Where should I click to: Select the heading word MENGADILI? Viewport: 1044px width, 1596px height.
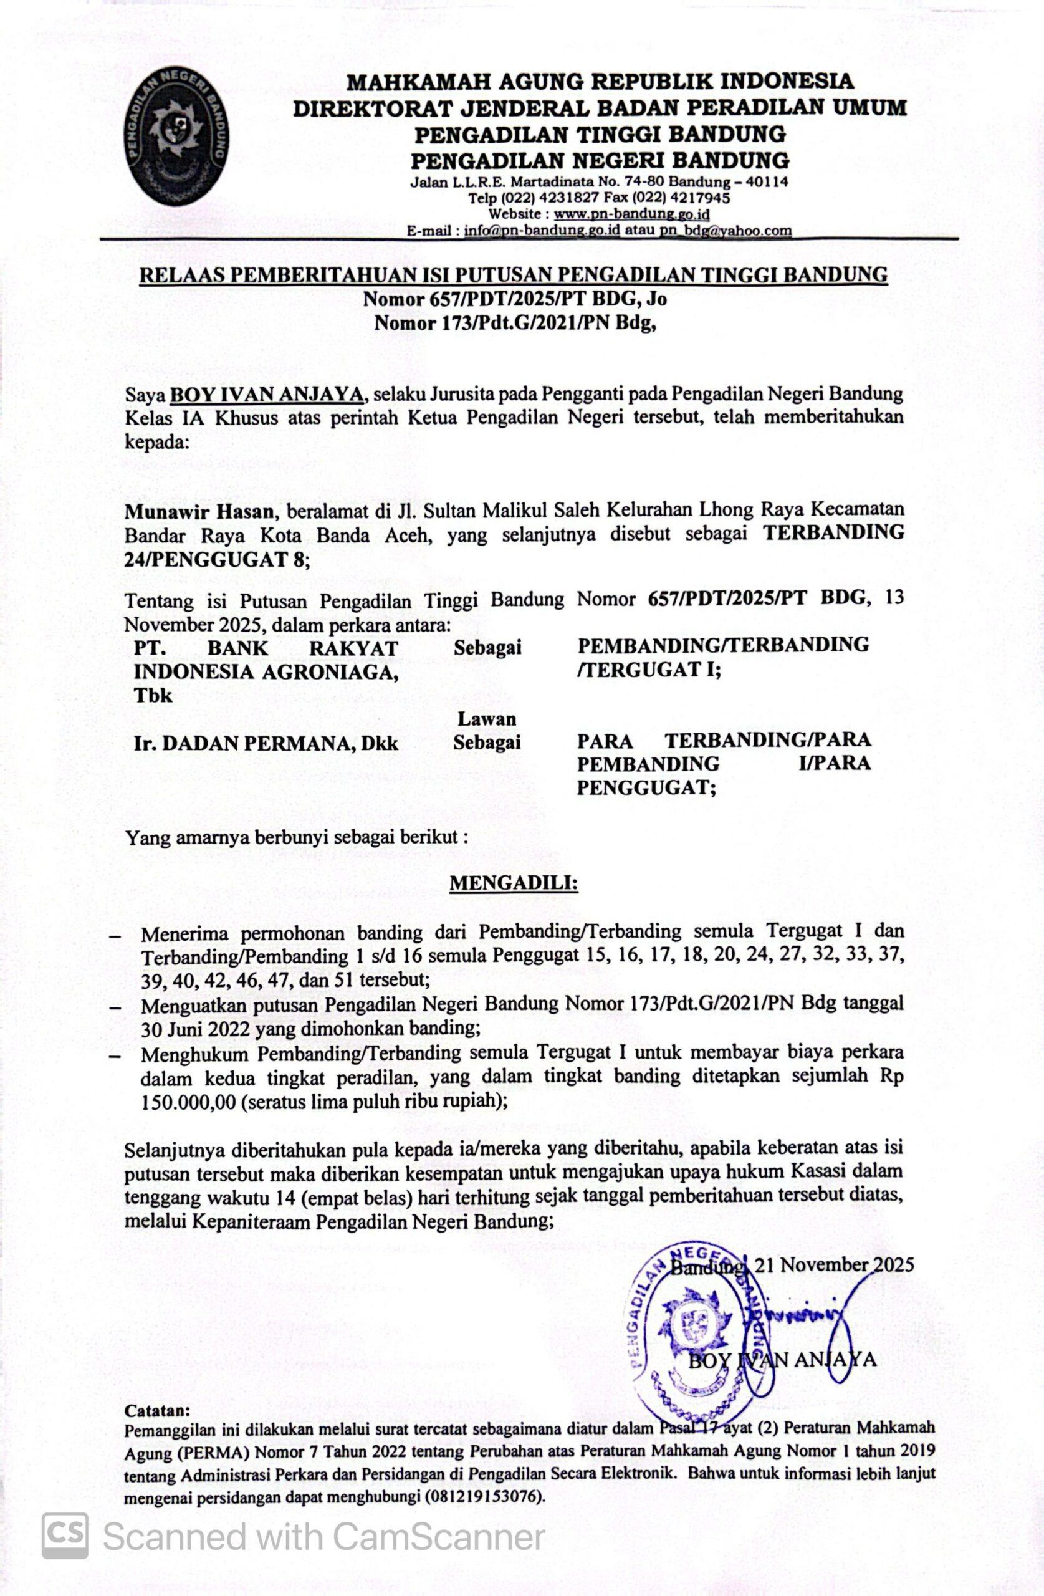tap(513, 883)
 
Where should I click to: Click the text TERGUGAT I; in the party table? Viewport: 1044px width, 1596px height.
tap(648, 671)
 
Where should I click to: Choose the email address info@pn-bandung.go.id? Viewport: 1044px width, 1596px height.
tap(542, 231)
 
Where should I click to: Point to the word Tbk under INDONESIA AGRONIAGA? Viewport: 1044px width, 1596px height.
tap(153, 695)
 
